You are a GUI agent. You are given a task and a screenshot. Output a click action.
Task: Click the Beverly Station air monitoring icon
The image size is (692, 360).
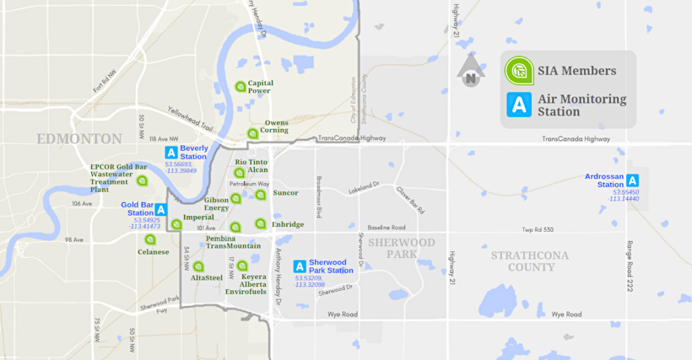[x=171, y=153]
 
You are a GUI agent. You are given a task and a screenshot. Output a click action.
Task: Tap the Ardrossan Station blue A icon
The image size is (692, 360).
[x=633, y=180]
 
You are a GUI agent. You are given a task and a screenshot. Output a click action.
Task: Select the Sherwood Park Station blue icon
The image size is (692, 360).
[x=299, y=267]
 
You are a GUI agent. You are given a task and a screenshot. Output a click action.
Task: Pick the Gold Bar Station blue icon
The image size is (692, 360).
[x=161, y=209]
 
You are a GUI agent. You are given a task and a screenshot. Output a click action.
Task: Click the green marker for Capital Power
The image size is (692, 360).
[x=240, y=86]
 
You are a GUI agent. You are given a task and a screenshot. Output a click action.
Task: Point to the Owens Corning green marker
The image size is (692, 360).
[x=252, y=134]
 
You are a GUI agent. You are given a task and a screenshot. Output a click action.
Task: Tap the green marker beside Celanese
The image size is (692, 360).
[x=150, y=240]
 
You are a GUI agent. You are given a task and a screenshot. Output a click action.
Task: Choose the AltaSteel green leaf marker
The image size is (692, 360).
[x=198, y=266]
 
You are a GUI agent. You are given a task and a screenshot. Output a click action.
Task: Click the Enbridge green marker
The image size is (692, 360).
[x=259, y=224]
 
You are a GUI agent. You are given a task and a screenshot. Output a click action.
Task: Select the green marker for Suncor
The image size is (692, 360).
[x=260, y=195]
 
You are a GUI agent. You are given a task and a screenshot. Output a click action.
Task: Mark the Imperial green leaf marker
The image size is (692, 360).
[x=176, y=224]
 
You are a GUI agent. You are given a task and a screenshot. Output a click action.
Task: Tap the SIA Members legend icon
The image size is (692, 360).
[x=519, y=70]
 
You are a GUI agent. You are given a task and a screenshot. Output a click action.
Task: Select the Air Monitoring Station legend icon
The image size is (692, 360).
[x=519, y=105]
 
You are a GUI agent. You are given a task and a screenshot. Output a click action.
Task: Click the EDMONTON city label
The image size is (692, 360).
[x=79, y=139]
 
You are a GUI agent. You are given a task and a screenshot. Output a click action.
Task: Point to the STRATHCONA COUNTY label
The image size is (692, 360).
[x=530, y=261]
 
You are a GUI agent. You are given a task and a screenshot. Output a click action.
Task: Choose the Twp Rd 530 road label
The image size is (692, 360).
[x=538, y=230]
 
